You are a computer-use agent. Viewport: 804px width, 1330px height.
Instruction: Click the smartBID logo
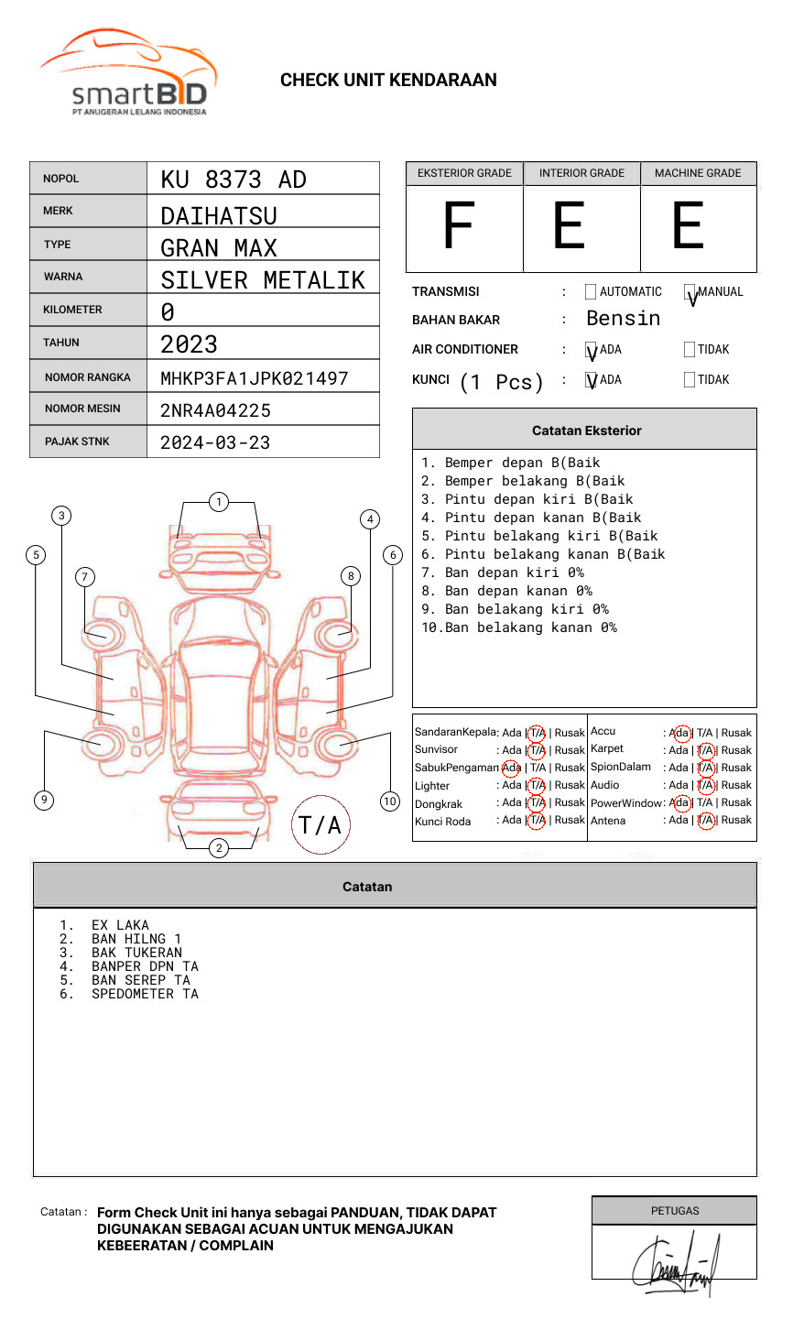(x=128, y=73)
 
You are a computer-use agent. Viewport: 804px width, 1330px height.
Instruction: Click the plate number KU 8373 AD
(x=234, y=180)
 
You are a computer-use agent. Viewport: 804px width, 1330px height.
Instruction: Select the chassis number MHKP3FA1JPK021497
(x=254, y=378)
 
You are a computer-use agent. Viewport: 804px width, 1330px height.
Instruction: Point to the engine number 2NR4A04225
(x=215, y=410)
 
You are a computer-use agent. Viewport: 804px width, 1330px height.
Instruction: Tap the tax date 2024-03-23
(x=215, y=442)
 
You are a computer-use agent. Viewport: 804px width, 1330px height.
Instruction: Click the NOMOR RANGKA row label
(x=88, y=377)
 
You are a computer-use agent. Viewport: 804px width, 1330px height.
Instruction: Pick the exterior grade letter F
(x=459, y=226)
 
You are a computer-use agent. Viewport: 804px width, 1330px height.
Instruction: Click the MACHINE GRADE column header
(x=698, y=173)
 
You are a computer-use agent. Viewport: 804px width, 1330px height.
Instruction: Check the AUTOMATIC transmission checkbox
(x=591, y=292)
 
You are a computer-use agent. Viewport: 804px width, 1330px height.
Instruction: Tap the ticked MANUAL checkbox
(x=690, y=292)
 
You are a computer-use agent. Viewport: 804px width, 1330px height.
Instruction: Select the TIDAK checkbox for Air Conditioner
(x=690, y=350)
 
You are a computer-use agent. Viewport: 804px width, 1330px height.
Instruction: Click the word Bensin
(x=623, y=319)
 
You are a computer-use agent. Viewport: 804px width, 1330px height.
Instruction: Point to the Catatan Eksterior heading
(x=586, y=431)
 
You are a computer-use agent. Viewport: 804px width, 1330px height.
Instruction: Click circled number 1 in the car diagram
(x=218, y=502)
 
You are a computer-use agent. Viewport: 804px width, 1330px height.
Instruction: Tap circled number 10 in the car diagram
(x=390, y=801)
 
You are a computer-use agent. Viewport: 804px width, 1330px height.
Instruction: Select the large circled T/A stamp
(x=320, y=825)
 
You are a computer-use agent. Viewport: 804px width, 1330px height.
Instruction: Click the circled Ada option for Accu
(x=680, y=733)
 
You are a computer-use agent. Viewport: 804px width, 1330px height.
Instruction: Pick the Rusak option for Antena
(x=736, y=820)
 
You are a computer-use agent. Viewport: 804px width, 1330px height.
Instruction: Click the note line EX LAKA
(x=120, y=925)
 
